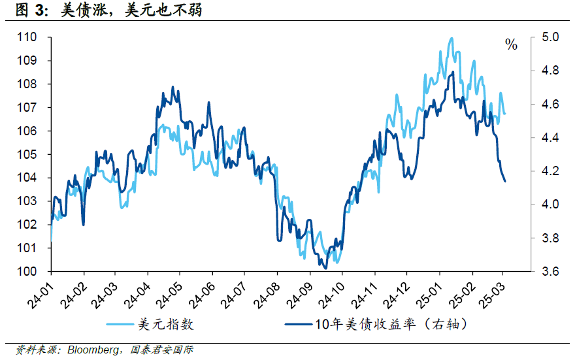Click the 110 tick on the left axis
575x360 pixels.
point(29,37)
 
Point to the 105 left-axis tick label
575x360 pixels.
point(29,154)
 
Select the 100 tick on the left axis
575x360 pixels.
point(29,271)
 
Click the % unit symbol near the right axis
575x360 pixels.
point(511,45)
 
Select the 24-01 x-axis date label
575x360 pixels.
point(41,293)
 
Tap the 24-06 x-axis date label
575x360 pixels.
point(201,293)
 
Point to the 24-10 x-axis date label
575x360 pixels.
point(330,293)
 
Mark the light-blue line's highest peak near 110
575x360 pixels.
point(451,39)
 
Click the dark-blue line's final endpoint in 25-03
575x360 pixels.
point(505,181)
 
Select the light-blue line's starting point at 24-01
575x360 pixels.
point(51,241)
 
